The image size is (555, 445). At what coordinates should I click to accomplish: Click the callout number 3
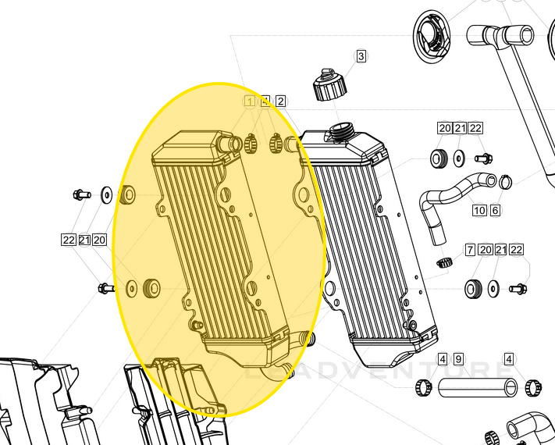click(x=361, y=56)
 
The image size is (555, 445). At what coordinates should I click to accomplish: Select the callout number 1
click(x=250, y=101)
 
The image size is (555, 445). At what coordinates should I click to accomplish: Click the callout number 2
click(x=280, y=101)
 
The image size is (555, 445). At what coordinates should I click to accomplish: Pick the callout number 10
click(x=479, y=211)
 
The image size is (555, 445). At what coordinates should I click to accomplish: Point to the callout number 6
click(x=495, y=211)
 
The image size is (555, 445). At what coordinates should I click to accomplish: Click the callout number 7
click(x=470, y=250)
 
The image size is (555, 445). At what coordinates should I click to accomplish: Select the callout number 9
click(x=458, y=360)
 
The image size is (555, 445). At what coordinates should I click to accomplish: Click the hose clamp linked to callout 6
click(x=505, y=183)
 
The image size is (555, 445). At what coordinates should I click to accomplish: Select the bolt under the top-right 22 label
click(x=482, y=158)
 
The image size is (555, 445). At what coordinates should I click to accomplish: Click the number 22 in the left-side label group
click(x=68, y=240)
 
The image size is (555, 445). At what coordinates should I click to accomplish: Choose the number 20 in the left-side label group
click(x=99, y=240)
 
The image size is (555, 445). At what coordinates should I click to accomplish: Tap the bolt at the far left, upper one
click(x=80, y=193)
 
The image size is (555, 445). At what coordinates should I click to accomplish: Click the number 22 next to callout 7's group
click(x=516, y=250)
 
